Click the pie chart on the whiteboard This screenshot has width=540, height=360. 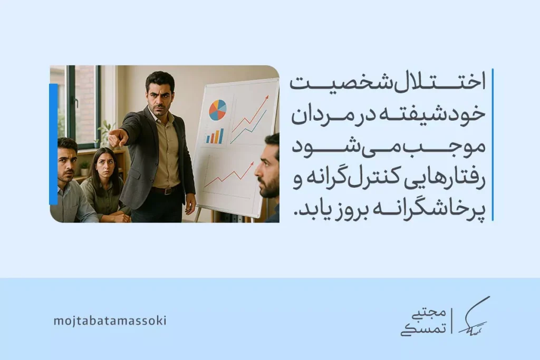tap(218, 110)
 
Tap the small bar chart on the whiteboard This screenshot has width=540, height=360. tap(215, 137)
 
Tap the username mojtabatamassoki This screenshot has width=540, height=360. tap(110, 321)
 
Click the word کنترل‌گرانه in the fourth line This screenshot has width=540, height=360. tap(352, 180)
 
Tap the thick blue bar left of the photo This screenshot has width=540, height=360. tap(53, 144)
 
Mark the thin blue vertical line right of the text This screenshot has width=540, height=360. tap(493, 144)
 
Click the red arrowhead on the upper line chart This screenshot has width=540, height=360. tap(266, 98)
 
